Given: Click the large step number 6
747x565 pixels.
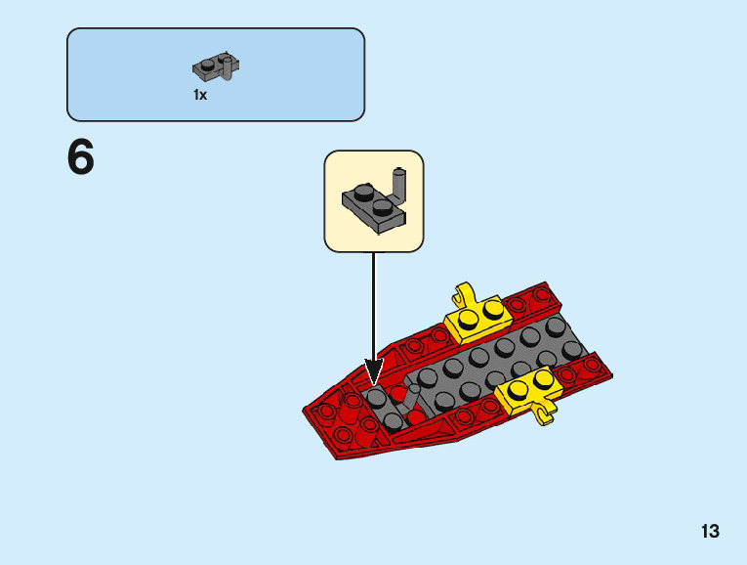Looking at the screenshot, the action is [x=81, y=157].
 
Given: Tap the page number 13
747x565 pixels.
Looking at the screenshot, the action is [x=710, y=532].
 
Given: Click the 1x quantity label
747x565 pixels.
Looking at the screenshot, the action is [x=200, y=96].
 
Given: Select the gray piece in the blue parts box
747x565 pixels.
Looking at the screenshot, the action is [x=216, y=68].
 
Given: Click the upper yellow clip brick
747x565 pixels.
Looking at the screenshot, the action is [x=477, y=315].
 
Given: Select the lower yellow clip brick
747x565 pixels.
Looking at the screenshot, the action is [x=528, y=393].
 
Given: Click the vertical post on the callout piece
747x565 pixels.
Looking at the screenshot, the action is [x=398, y=182].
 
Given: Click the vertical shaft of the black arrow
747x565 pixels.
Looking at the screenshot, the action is [x=373, y=303].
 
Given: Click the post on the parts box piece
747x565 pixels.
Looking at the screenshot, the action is [x=229, y=65].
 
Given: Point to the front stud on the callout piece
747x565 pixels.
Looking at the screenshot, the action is [x=382, y=207].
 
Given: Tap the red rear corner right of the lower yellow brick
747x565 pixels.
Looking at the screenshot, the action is [x=591, y=369].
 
